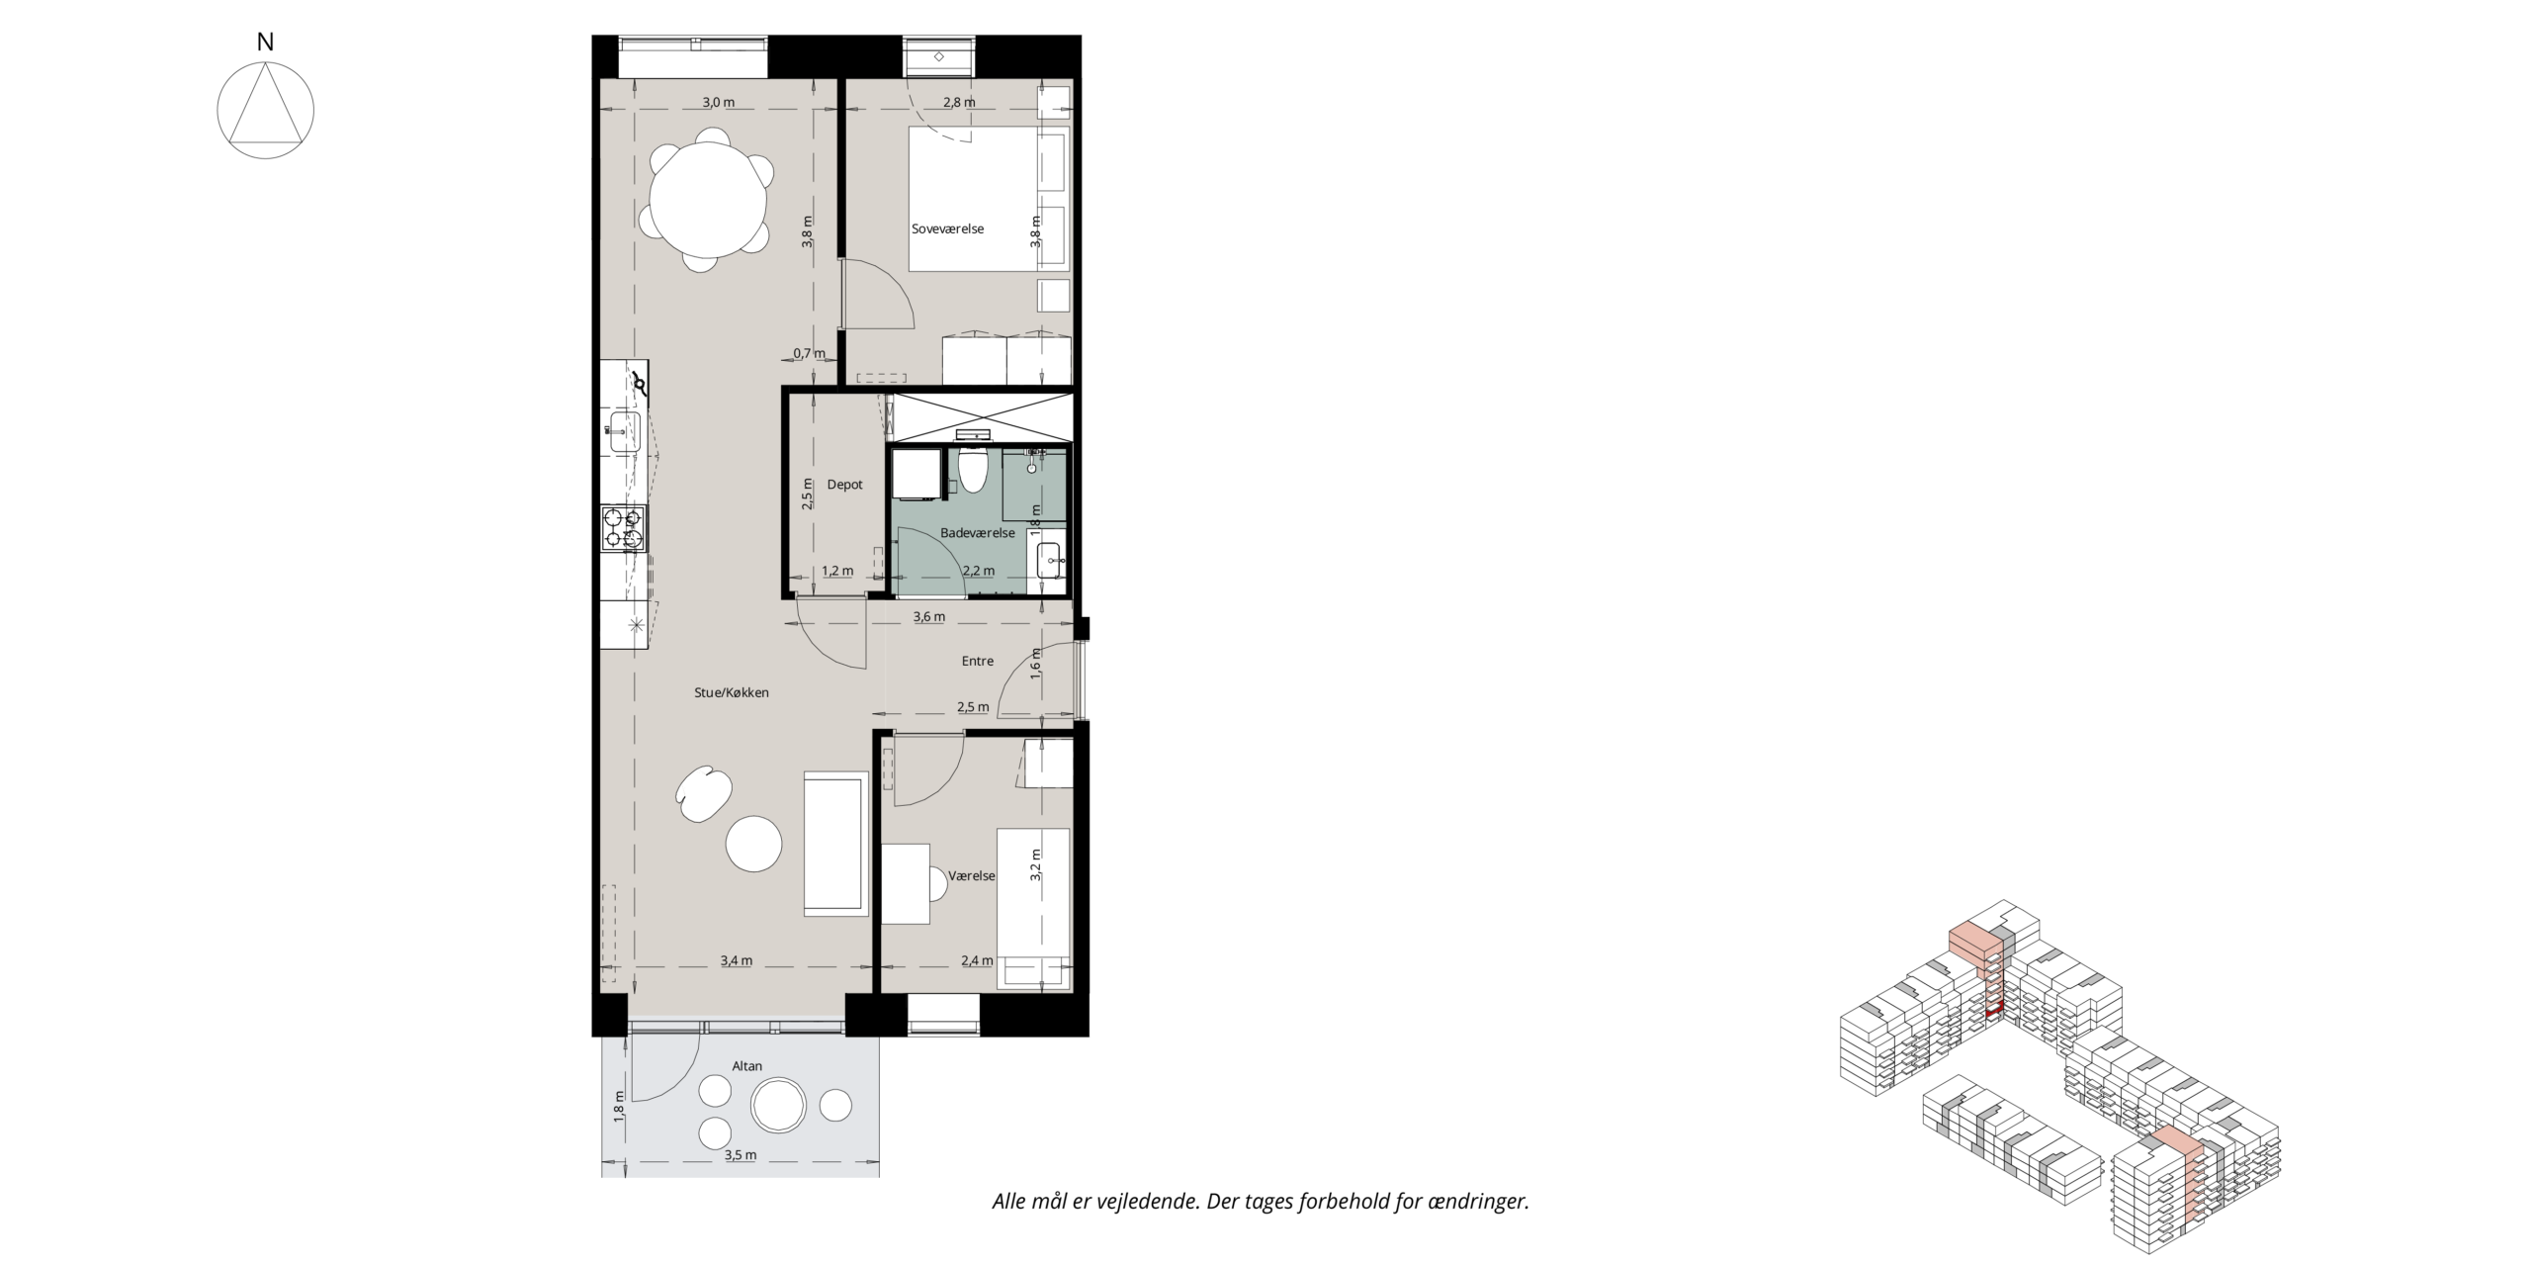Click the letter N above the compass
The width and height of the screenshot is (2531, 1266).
[x=265, y=43]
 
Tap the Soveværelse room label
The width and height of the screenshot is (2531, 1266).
[x=947, y=228]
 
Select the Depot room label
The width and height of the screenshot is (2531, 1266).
[x=845, y=485]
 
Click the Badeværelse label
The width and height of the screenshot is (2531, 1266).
[x=978, y=533]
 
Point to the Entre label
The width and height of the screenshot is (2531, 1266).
[x=978, y=661]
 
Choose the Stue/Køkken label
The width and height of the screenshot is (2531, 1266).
[x=732, y=692]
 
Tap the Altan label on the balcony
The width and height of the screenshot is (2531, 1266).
[x=747, y=1066]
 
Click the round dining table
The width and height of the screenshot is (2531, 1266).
[x=708, y=199]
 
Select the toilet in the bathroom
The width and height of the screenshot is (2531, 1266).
[x=974, y=471]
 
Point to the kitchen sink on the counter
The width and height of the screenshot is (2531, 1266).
[x=625, y=432]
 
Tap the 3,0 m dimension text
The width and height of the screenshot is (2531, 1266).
[x=719, y=102]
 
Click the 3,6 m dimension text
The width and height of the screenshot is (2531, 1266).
[x=928, y=616]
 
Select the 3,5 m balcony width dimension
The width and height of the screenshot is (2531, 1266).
[x=740, y=1155]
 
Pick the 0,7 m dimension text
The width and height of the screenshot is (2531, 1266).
[x=809, y=353]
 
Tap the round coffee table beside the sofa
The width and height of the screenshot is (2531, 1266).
[x=754, y=844]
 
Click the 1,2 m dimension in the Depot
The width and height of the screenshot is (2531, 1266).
[x=837, y=571]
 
